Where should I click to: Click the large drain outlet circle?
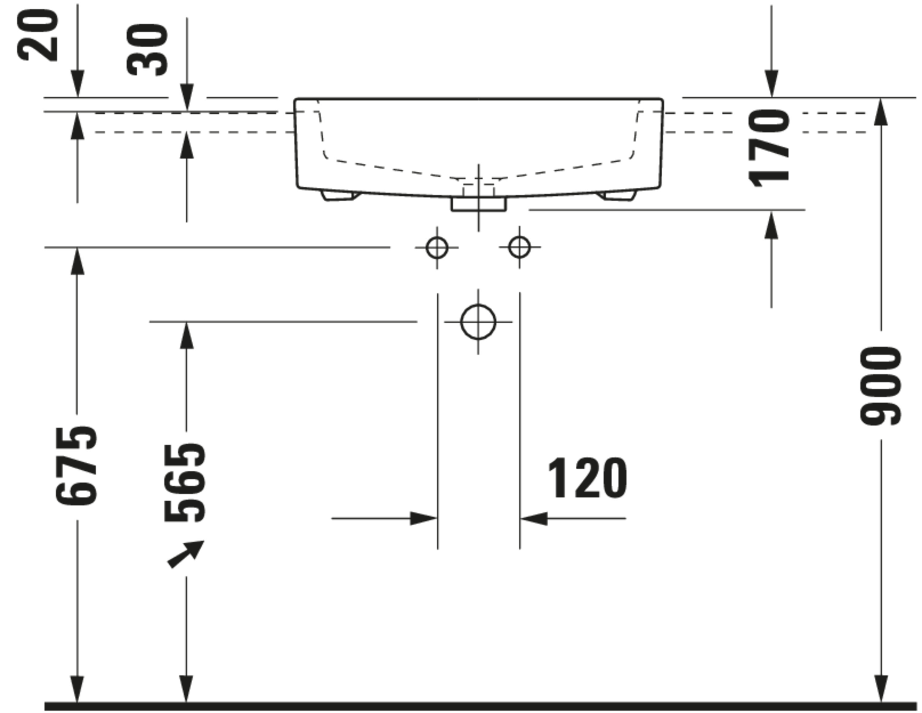pos(478,322)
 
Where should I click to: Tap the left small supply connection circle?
pos(437,247)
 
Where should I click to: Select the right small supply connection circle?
pos(519,247)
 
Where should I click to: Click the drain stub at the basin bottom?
pos(478,204)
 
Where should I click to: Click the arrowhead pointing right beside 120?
pos(424,518)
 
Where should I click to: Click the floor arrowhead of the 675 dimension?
pos(77,689)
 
